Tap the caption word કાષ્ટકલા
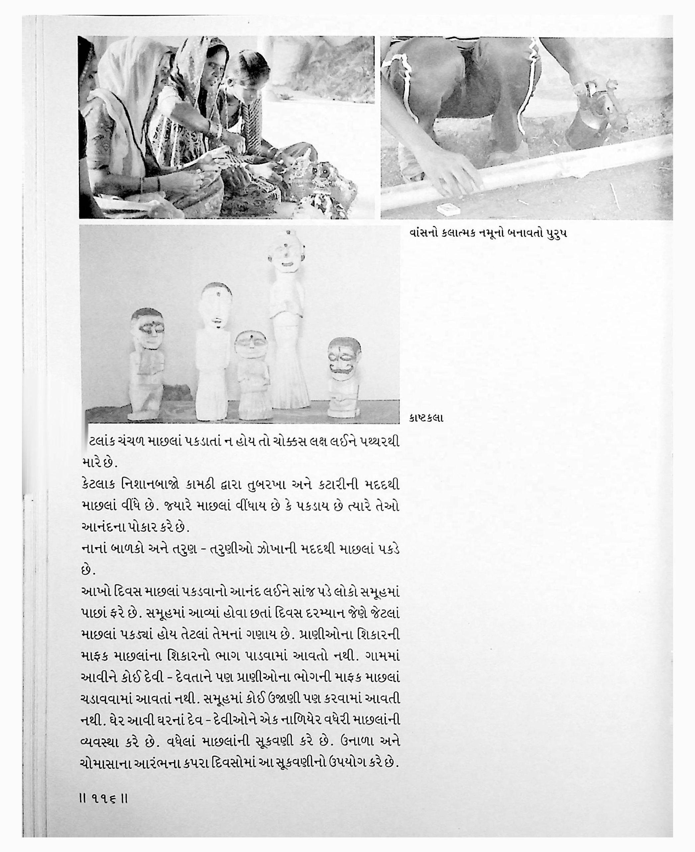click(426, 418)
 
